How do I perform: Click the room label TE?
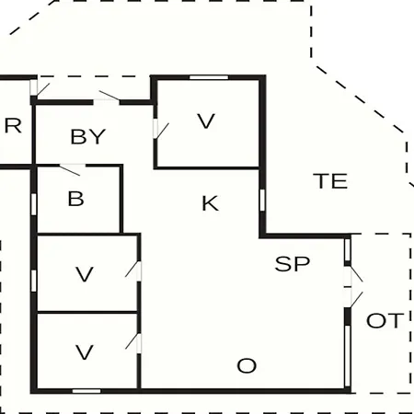point(330,181)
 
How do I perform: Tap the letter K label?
point(211,203)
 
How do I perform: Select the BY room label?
point(88,136)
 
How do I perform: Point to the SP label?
point(293,264)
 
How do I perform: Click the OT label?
point(384,320)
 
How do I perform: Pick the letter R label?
point(13,126)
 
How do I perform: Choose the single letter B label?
point(75,199)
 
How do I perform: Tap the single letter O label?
point(247,365)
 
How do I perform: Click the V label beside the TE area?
point(206,121)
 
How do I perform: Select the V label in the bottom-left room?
point(85,352)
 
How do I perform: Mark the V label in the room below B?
point(85,274)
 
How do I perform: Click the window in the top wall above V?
point(209,77)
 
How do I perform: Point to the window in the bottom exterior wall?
point(86,391)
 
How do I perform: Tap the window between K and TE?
point(262,201)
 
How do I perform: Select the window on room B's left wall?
point(34,204)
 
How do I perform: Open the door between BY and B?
point(73,169)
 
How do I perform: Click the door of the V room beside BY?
point(160,130)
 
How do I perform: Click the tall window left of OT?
point(348,356)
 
